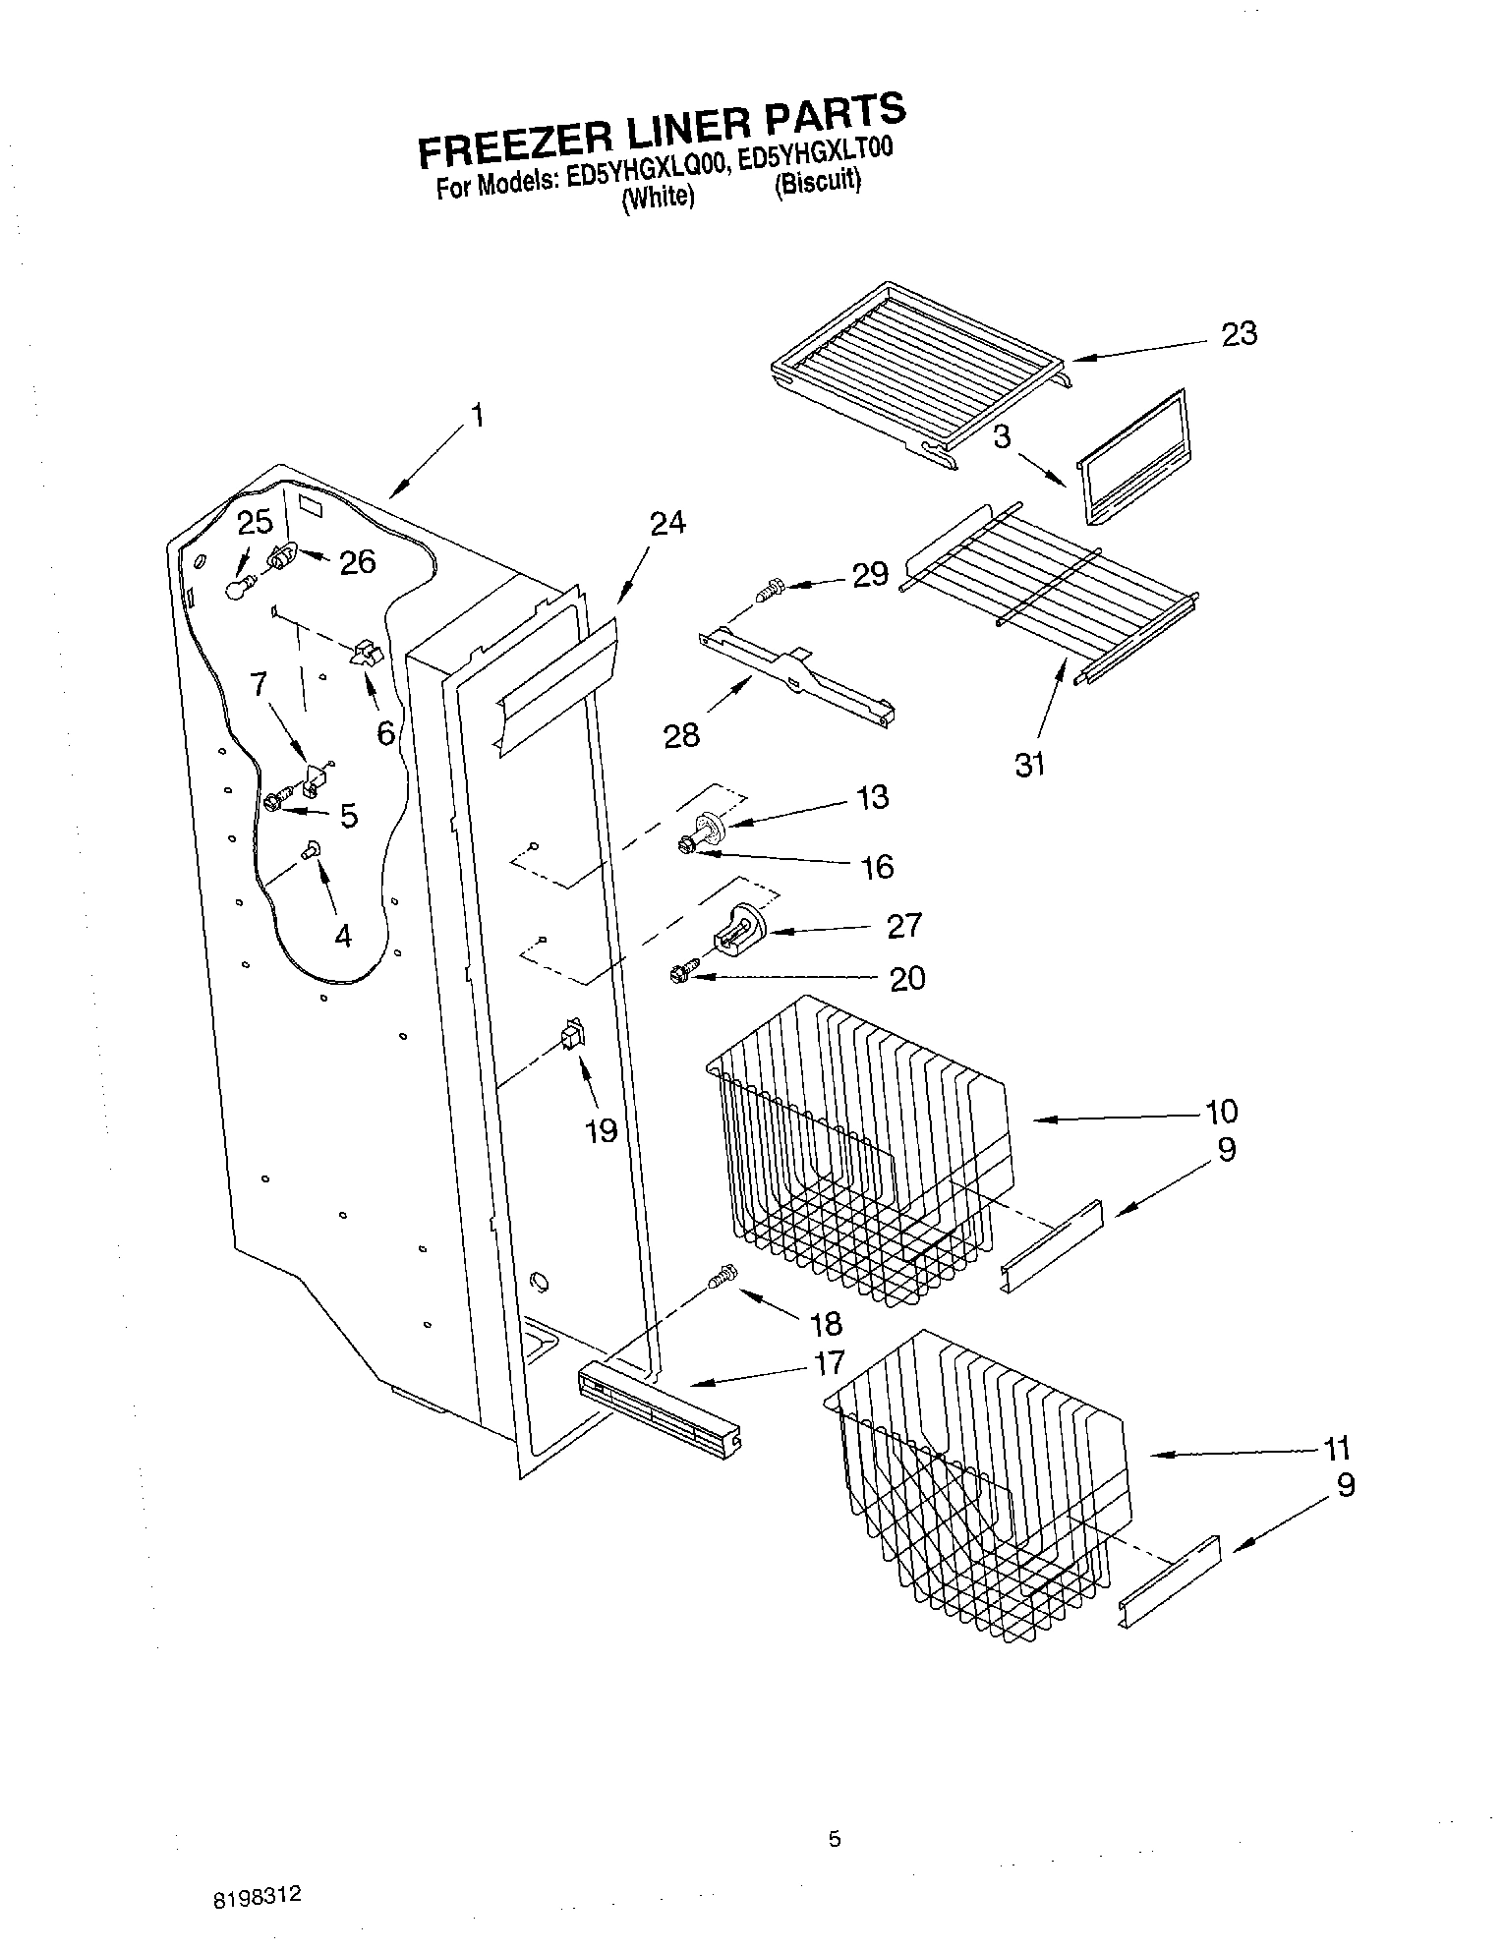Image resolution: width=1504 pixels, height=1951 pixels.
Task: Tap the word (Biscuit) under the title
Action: point(817,183)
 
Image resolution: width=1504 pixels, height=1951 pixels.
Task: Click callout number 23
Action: point(1239,334)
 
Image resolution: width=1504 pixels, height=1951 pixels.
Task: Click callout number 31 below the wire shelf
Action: point(1029,764)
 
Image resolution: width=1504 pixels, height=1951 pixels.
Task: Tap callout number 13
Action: point(872,796)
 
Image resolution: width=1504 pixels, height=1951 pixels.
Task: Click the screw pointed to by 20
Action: point(680,974)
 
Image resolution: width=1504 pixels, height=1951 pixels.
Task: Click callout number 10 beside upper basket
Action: point(1222,1112)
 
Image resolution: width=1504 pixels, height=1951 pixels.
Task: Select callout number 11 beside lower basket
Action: point(1336,1449)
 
